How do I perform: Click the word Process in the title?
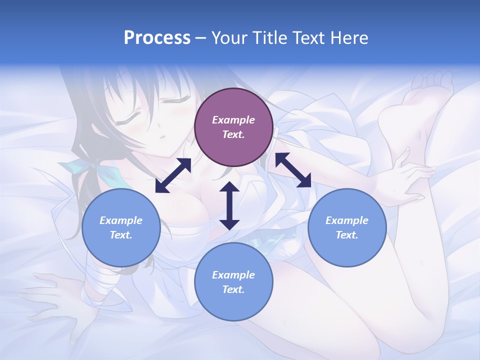[157, 38]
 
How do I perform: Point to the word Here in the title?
[349, 38]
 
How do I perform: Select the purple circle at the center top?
[233, 127]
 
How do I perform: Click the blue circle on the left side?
[121, 227]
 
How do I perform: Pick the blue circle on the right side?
[347, 227]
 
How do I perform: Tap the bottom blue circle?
[233, 282]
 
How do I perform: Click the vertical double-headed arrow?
[229, 205]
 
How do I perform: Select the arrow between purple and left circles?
[173, 175]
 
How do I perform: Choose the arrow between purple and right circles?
[293, 170]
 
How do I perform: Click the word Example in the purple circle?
[233, 120]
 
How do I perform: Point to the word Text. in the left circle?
[121, 235]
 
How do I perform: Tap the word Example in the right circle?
[347, 220]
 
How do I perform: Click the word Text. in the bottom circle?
[233, 289]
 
